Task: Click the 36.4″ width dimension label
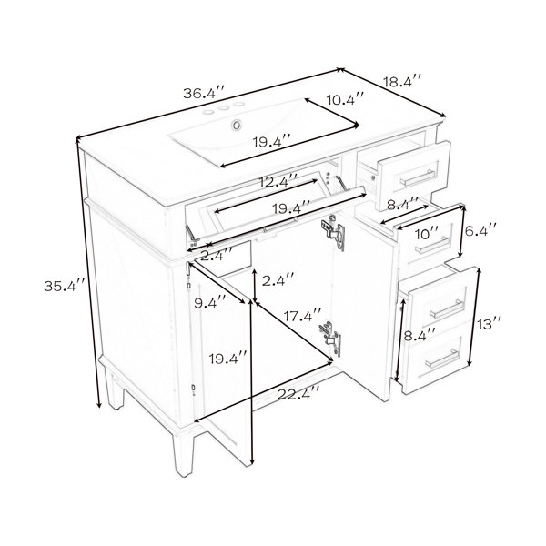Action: point(205,93)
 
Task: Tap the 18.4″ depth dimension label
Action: point(402,82)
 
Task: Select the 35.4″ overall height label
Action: point(65,286)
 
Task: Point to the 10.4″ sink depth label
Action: point(346,100)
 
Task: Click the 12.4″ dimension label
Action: point(278,181)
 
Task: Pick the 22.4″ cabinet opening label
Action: point(298,394)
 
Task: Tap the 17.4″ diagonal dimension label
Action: point(302,316)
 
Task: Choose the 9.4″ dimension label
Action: point(210,304)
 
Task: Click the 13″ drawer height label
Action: point(489,325)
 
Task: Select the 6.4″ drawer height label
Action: point(480,230)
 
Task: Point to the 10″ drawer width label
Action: point(427,234)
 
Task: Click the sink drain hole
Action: point(238,125)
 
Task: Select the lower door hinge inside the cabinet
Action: point(331,338)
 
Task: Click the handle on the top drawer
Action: point(417,177)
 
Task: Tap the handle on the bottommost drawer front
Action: point(442,358)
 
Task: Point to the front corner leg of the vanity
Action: point(183,454)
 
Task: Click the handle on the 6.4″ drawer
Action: point(432,245)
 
